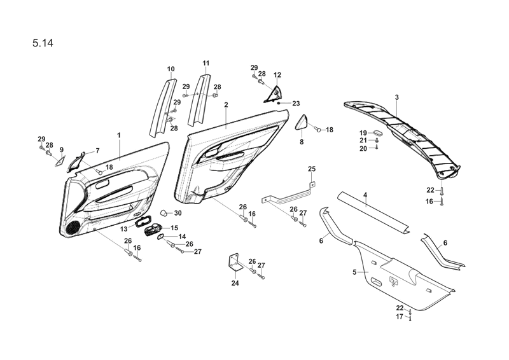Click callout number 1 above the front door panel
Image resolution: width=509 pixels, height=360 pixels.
click(119, 135)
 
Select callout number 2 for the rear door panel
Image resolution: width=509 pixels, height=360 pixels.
click(226, 104)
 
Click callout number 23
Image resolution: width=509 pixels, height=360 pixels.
click(296, 103)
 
